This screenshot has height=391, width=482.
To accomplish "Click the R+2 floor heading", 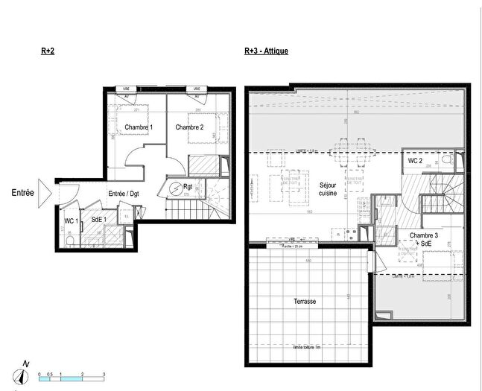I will [48, 51].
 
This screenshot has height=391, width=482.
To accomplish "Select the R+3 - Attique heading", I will [266, 51].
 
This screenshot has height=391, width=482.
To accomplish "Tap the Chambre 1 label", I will [139, 127].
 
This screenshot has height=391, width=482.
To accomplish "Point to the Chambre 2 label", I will [189, 127].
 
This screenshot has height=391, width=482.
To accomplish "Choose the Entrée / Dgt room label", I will [124, 194].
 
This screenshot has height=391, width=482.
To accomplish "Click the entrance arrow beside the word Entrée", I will [43, 193].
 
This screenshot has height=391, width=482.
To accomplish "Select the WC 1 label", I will [71, 220].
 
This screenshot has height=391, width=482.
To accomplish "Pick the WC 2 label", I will [416, 162].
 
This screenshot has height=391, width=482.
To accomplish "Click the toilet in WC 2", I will [447, 160].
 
